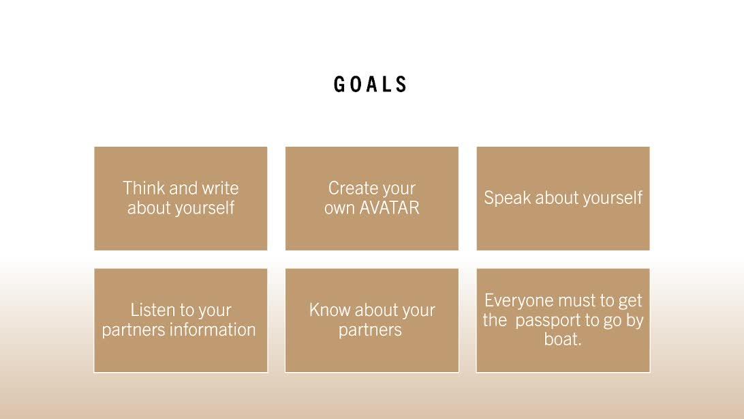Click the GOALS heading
pyautogui.click(x=370, y=84)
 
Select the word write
pyautogui.click(x=220, y=188)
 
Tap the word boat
pyautogui.click(x=563, y=339)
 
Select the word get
pyautogui.click(x=630, y=302)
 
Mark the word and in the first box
pyautogui.click(x=183, y=188)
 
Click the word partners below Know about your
pyautogui.click(x=370, y=330)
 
